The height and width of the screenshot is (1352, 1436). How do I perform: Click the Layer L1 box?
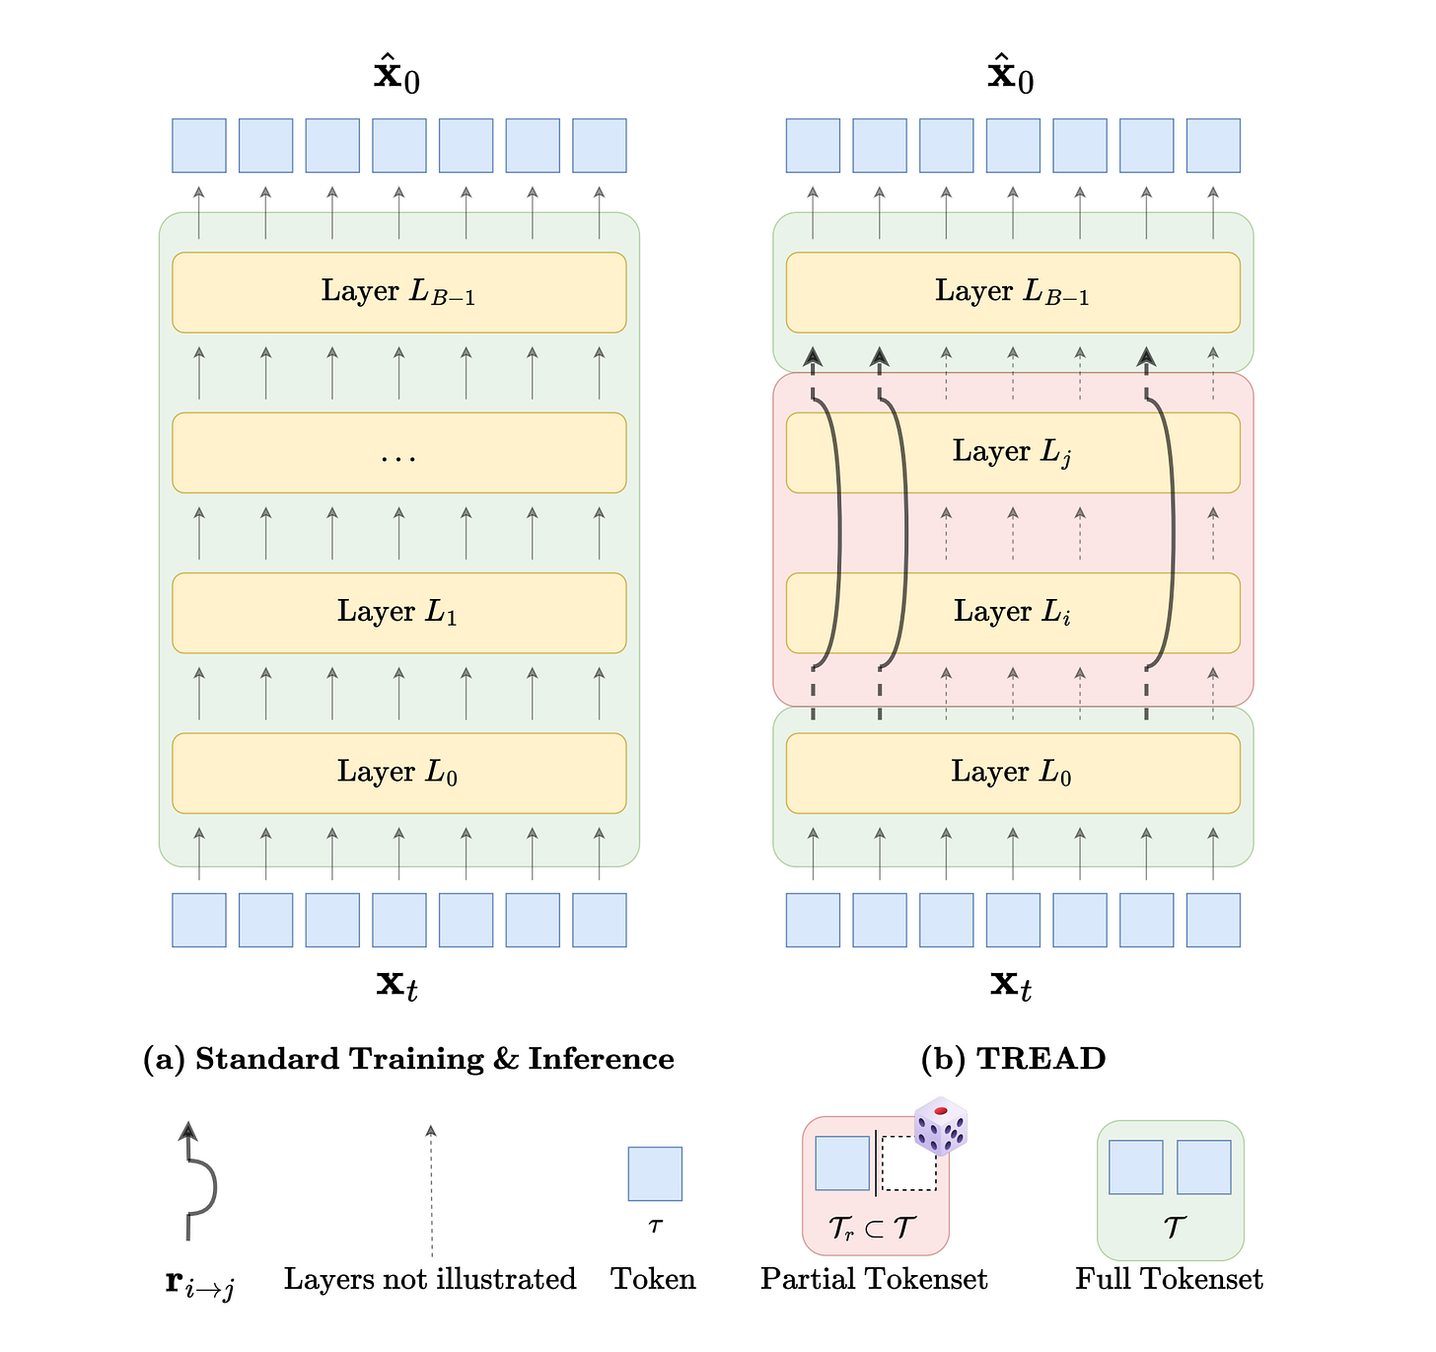[x=398, y=613]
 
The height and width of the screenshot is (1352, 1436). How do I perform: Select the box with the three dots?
[x=398, y=453]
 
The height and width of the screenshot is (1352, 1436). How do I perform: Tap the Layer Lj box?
[x=1013, y=453]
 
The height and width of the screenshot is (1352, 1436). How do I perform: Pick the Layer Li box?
[x=1013, y=613]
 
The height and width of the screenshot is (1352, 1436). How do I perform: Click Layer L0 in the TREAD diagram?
[x=1013, y=773]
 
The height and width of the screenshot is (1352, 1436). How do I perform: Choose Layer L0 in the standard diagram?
[x=398, y=773]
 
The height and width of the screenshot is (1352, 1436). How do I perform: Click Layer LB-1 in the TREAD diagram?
[x=1013, y=292]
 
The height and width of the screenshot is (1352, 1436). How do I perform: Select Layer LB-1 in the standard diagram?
[x=398, y=292]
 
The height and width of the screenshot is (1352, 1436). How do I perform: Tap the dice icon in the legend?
[x=940, y=1126]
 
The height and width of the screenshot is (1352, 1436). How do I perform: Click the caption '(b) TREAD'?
[x=1013, y=1059]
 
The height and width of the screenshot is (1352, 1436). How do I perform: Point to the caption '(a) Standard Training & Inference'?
[x=408, y=1059]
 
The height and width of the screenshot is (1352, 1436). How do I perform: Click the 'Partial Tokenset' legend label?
[x=874, y=1279]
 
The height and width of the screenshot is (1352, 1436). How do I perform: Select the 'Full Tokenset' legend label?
[x=1169, y=1279]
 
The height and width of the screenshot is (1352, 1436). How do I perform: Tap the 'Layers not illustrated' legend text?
[x=430, y=1279]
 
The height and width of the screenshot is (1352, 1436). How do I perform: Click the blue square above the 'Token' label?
[x=655, y=1173]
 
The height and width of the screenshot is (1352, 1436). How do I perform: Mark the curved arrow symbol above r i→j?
[x=197, y=1180]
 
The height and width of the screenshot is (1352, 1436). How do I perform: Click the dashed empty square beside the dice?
[x=908, y=1164]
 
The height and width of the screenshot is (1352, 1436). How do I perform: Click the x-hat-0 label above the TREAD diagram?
[x=1012, y=76]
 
